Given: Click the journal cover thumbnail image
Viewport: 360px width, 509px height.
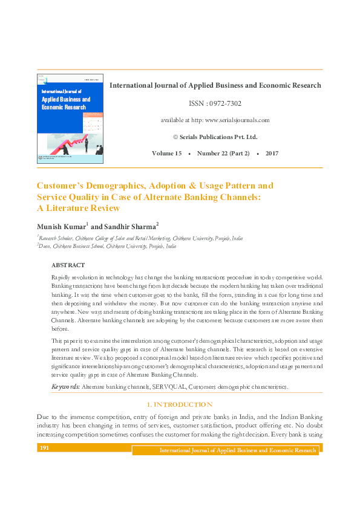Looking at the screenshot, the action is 70,118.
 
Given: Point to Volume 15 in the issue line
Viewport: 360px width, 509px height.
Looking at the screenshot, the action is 166,154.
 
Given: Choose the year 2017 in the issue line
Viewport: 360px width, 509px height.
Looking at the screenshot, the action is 272,154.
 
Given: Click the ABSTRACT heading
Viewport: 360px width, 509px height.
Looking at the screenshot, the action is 68,265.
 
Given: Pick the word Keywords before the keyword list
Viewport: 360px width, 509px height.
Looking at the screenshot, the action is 65,386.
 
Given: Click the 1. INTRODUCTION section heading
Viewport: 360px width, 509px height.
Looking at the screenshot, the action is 180,404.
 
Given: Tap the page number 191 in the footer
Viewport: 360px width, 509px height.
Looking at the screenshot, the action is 44,448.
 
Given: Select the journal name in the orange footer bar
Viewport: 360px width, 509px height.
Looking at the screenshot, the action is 237,450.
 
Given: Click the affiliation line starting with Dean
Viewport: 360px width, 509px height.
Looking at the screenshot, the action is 100,247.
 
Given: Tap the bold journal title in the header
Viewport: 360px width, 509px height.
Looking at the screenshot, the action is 215,86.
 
